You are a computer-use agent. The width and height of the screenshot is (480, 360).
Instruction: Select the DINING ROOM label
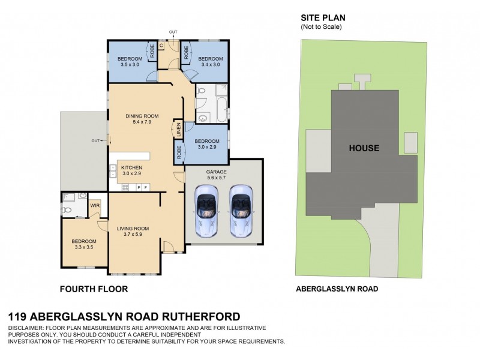(142, 116)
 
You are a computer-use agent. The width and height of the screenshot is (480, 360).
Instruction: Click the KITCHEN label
(131, 167)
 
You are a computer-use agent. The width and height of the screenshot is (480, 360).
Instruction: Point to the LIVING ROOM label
(133, 229)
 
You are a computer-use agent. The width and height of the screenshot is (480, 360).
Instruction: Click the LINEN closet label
(178, 129)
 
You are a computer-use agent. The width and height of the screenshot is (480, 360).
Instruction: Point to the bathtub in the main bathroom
(220, 112)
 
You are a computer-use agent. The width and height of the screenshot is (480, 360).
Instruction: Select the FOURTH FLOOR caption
(94, 289)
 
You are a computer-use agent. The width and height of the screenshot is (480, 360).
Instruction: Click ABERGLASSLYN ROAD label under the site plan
(337, 289)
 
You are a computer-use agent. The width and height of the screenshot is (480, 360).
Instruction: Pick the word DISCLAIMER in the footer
(29, 327)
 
